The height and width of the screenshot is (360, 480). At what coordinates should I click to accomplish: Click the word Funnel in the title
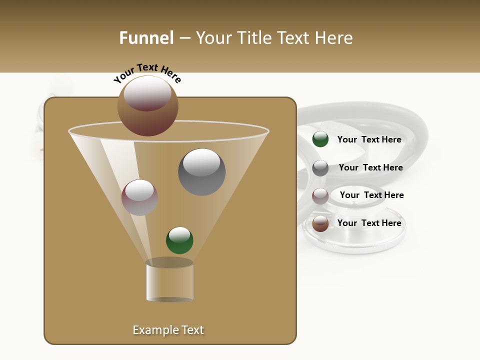tap(146, 38)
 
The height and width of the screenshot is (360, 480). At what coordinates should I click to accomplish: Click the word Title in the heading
tap(254, 38)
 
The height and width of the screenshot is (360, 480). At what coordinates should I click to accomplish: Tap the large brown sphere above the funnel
tap(148, 105)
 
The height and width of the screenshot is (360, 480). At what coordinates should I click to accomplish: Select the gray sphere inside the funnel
tap(201, 172)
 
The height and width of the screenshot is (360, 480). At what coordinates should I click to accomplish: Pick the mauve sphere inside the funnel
tap(139, 197)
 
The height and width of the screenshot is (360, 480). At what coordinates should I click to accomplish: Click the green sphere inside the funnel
tap(179, 240)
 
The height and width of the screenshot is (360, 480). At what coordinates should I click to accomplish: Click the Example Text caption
tap(168, 330)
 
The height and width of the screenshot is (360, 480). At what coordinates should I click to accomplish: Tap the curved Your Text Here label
tap(147, 73)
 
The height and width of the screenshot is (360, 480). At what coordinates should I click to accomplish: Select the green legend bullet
tap(320, 139)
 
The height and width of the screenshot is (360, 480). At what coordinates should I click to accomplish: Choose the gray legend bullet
tap(320, 168)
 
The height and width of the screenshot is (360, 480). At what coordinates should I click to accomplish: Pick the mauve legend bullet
tap(320, 196)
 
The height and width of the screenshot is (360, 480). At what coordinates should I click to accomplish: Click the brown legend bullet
tap(320, 223)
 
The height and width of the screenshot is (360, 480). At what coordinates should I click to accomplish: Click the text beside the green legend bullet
tap(369, 140)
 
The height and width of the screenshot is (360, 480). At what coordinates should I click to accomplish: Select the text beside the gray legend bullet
tap(370, 168)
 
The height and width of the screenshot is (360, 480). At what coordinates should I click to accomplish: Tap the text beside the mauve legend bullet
tap(371, 195)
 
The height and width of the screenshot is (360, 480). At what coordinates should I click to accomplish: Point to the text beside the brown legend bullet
tap(369, 223)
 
